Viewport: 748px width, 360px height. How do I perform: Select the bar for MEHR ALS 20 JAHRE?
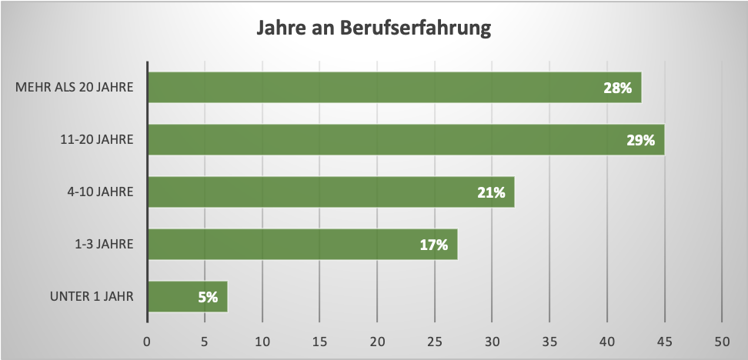coord(394,88)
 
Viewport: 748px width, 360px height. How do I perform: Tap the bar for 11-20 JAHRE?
coord(406,140)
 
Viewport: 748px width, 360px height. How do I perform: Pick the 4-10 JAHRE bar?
coord(331,192)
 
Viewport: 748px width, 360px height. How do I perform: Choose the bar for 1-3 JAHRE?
coord(302,245)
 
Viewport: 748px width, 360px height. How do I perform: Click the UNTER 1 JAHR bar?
coord(187,296)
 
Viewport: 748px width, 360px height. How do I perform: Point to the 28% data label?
coord(617,88)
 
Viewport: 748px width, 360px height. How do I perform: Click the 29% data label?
coord(640,141)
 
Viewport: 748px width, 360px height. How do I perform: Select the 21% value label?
coord(491,192)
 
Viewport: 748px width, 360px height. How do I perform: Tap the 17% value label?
coord(434,245)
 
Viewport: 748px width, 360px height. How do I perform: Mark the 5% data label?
coord(206,297)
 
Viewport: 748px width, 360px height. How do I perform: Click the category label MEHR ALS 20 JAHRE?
coord(75,88)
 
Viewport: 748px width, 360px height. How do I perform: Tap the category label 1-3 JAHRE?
coord(104,245)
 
